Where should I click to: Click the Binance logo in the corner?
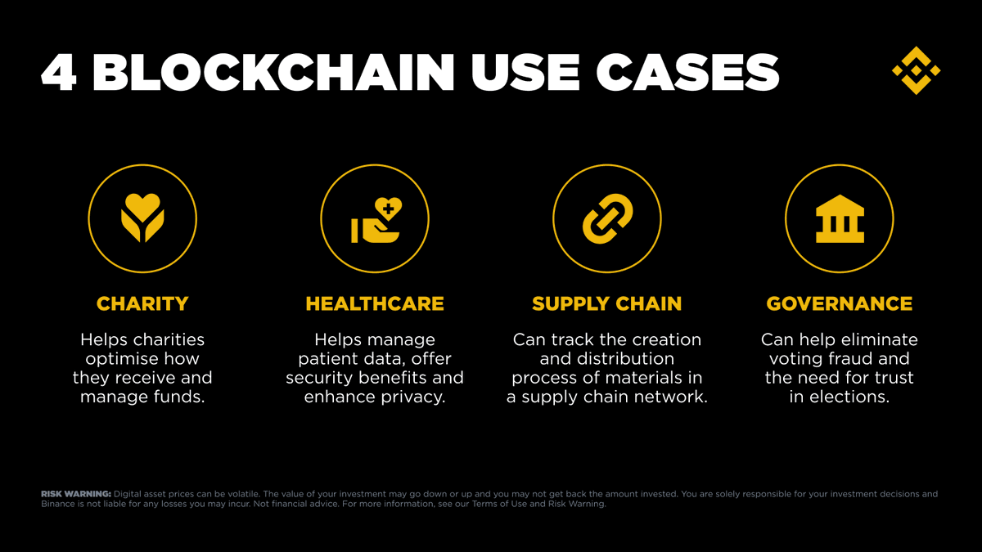click(x=917, y=70)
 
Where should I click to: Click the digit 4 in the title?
click(x=59, y=73)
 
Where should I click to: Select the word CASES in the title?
click(x=687, y=73)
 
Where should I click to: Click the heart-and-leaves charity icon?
click(x=142, y=218)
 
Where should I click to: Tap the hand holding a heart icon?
click(x=376, y=220)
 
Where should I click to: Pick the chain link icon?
click(x=607, y=218)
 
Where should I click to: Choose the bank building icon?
click(x=840, y=218)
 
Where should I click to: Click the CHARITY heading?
click(x=142, y=303)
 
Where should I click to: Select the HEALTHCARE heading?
click(x=375, y=303)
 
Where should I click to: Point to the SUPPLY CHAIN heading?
click(x=607, y=303)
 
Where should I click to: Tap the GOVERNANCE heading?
click(x=840, y=303)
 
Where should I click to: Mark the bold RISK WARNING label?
click(x=76, y=494)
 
